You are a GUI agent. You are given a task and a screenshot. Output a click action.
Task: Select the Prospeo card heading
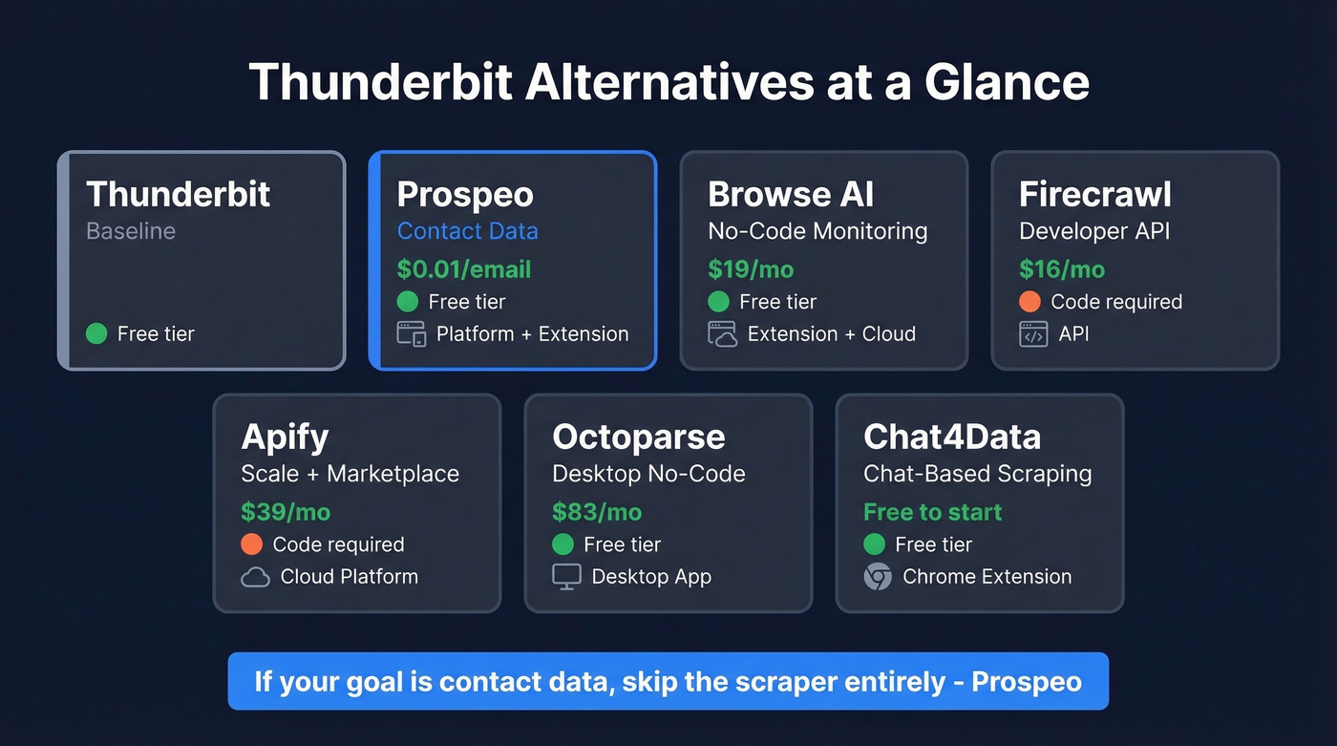click(x=465, y=195)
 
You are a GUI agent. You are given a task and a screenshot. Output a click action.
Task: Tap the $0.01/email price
click(x=464, y=269)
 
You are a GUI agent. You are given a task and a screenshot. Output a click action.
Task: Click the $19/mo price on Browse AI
click(x=751, y=269)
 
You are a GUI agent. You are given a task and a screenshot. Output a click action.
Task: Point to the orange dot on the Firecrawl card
click(x=1029, y=302)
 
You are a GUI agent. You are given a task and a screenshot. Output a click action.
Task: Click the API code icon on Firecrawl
click(x=1033, y=334)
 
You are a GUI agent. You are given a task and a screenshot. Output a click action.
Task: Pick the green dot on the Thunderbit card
click(x=96, y=334)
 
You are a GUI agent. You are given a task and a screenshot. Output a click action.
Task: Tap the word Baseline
click(x=131, y=231)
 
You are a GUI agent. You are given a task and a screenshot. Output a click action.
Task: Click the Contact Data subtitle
click(x=467, y=231)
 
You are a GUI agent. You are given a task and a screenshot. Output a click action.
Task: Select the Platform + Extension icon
click(x=411, y=334)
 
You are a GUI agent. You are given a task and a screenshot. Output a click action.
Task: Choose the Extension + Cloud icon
click(x=722, y=334)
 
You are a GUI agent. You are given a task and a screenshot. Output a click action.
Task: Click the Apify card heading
click(x=285, y=437)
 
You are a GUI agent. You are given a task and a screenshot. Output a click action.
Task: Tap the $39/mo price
click(x=286, y=512)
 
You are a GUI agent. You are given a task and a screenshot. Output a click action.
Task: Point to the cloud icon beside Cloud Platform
click(x=255, y=577)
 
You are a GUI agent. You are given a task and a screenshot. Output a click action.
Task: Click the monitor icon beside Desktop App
click(x=566, y=577)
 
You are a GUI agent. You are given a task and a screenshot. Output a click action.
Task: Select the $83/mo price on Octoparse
click(x=597, y=512)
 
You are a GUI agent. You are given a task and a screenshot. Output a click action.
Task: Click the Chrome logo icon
click(x=878, y=577)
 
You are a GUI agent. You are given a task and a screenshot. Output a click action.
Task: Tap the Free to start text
click(x=932, y=512)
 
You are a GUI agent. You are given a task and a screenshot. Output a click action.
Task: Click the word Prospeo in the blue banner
click(x=1027, y=682)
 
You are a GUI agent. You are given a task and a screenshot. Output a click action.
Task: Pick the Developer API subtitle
click(x=1094, y=231)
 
